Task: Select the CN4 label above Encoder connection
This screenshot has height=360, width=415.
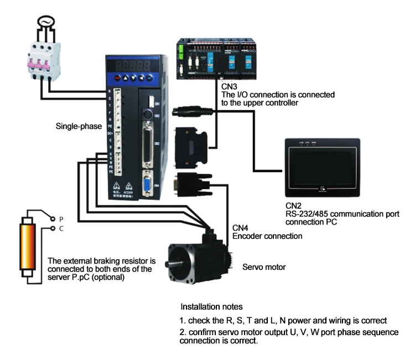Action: [240, 228]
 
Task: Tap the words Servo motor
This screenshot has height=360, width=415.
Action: [264, 267]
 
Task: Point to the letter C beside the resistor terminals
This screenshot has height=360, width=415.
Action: [62, 228]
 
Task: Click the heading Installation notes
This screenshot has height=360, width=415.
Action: [211, 306]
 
